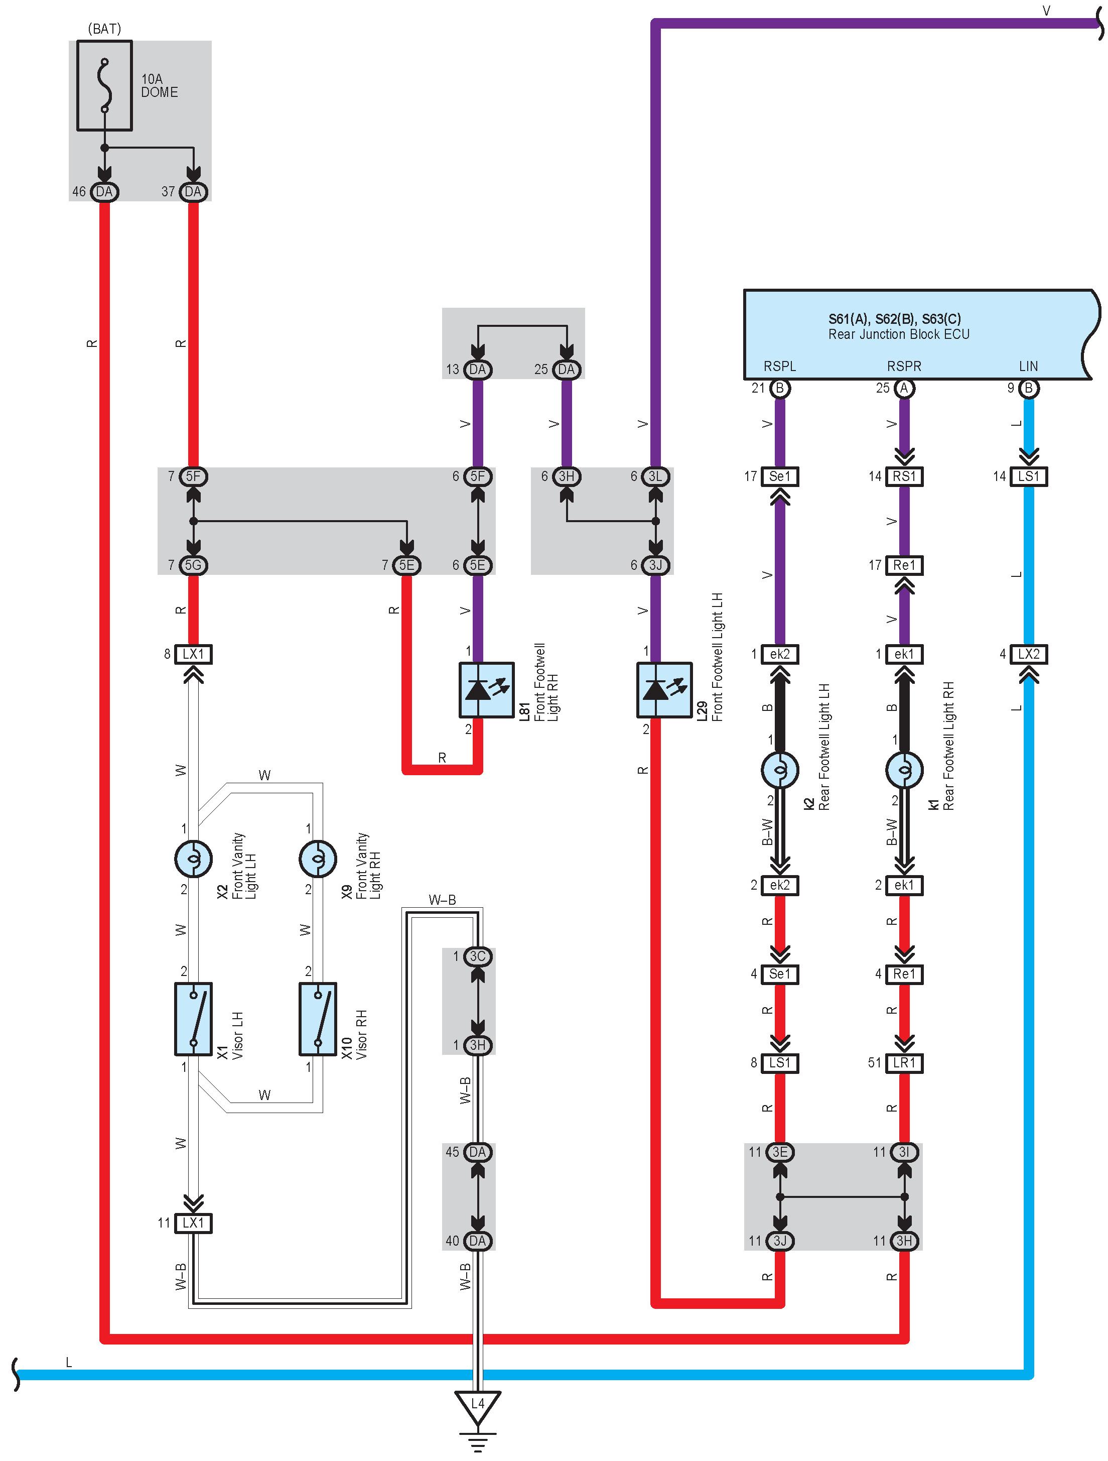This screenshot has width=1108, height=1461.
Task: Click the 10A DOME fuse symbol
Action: pyautogui.click(x=104, y=86)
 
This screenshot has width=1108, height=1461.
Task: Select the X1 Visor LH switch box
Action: pyautogui.click(x=194, y=1019)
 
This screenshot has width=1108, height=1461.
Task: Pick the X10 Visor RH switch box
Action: pyautogui.click(x=318, y=1019)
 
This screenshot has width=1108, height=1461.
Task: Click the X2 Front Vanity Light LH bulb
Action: pyautogui.click(x=194, y=859)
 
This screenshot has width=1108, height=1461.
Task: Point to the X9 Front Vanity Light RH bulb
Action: pyautogui.click(x=318, y=859)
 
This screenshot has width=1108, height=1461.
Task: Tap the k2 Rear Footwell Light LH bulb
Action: pyautogui.click(x=780, y=770)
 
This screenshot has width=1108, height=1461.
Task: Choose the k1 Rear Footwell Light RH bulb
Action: pyautogui.click(x=904, y=770)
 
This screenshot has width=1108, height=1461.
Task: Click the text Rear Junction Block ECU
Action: pyautogui.click(x=899, y=334)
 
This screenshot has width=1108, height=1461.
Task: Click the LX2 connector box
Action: pyautogui.click(x=1028, y=654)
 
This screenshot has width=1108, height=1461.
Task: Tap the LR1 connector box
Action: pyautogui.click(x=904, y=1063)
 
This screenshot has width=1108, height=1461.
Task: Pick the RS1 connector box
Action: pyautogui.click(x=904, y=476)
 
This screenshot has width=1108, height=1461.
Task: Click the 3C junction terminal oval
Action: pyautogui.click(x=477, y=956)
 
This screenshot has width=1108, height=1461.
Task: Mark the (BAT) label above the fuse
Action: pyautogui.click(x=104, y=29)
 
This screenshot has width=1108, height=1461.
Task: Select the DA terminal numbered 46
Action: pyautogui.click(x=104, y=192)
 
